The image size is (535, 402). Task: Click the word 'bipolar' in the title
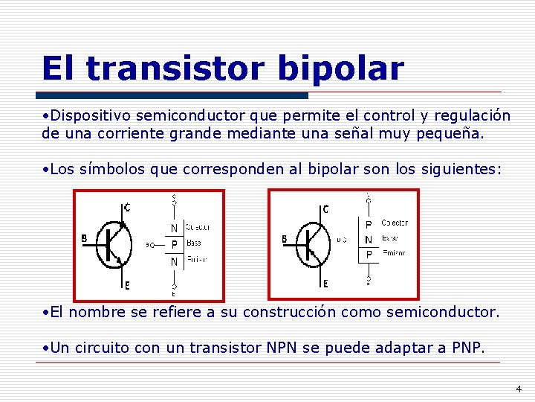340,70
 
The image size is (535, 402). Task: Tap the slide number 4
519,389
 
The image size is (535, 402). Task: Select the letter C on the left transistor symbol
127,208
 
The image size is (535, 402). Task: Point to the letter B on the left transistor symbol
84,238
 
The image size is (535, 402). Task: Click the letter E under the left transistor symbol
126,285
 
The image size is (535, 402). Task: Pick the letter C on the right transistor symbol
325,208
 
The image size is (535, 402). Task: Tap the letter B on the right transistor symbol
284,238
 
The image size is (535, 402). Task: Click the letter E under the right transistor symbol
325,284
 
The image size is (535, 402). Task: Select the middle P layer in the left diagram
174,244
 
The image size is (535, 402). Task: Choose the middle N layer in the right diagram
368,240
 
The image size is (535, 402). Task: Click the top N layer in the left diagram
174,228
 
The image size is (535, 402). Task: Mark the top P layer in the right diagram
368,223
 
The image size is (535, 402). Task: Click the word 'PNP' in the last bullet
467,348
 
